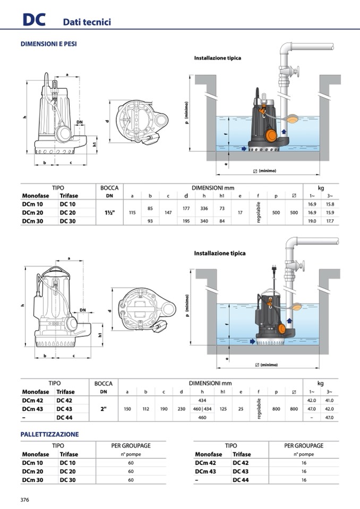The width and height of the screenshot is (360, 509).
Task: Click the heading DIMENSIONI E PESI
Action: pyautogui.click(x=48, y=44)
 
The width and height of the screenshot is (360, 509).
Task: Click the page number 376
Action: pyautogui.click(x=24, y=499)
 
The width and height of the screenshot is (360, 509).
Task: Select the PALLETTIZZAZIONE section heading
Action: pyautogui.click(x=49, y=434)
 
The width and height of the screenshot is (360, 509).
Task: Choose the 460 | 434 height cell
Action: pyautogui.click(x=202, y=409)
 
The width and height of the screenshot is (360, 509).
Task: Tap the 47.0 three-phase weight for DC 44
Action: pyautogui.click(x=329, y=418)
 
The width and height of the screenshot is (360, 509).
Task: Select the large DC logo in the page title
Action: pyautogui.click(x=33, y=20)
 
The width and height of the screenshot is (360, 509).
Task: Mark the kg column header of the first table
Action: pyautogui.click(x=320, y=188)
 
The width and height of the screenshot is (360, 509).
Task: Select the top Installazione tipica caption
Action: pyautogui.click(x=217, y=58)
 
